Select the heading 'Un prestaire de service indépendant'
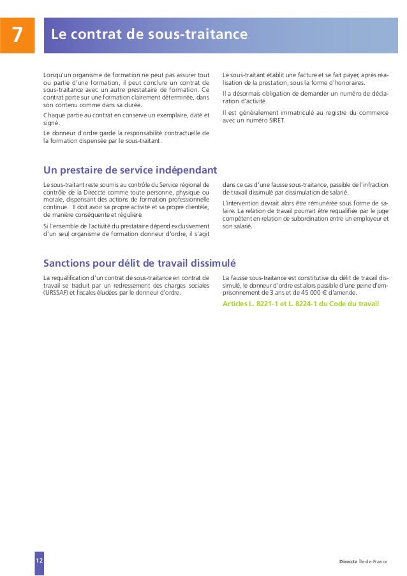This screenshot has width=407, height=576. (x=130, y=170)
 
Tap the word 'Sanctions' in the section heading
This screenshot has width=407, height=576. (x=69, y=263)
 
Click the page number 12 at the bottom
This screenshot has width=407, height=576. (x=40, y=560)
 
